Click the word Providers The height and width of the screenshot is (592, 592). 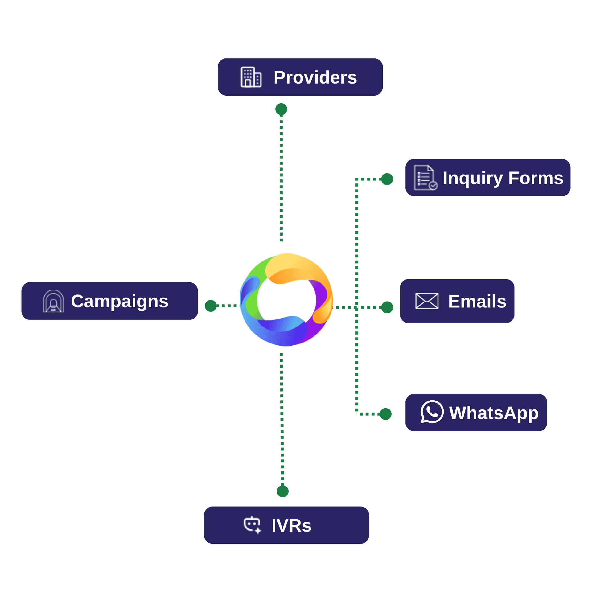click(x=315, y=77)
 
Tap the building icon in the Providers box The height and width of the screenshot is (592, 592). click(x=251, y=77)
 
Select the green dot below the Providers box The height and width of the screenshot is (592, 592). click(x=281, y=109)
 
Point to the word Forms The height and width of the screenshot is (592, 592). click(x=536, y=178)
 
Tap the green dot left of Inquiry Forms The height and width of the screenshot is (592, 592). click(x=387, y=179)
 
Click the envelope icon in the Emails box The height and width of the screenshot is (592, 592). click(x=426, y=301)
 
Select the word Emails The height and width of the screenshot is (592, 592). click(x=477, y=301)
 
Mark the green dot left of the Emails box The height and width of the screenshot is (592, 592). click(x=387, y=307)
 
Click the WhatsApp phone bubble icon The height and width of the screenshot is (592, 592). click(x=432, y=412)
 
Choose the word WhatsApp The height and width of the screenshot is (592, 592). click(x=493, y=413)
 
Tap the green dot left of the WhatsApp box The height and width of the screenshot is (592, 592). click(x=385, y=414)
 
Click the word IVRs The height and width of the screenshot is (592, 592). click(x=291, y=525)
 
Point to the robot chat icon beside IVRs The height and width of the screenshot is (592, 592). click(x=252, y=525)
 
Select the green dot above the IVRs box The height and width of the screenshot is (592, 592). click(x=282, y=491)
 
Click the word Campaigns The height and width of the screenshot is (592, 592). click(x=119, y=301)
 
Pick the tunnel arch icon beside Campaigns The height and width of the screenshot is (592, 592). click(x=53, y=301)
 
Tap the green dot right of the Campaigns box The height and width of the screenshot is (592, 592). click(x=211, y=306)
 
